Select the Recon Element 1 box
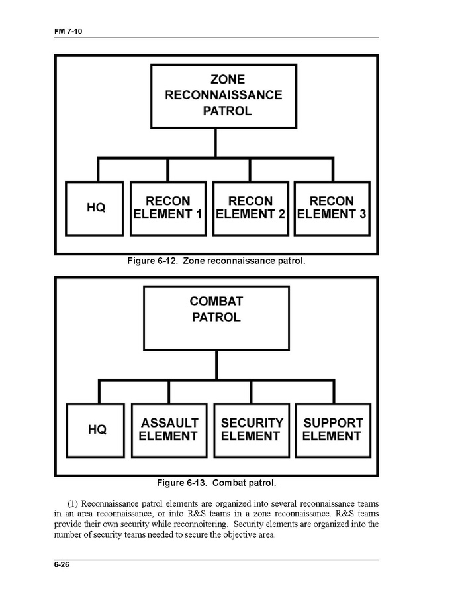click(167, 208)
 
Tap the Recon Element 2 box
click(250, 208)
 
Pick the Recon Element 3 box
click(332, 208)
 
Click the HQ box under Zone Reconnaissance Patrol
click(95, 208)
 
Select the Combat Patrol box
click(216, 318)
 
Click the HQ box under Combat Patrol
click(97, 430)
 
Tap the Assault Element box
click(169, 430)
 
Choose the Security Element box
click(252, 430)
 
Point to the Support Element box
click(332, 430)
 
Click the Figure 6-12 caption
click(216, 261)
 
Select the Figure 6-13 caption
click(216, 483)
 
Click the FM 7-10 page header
click(67, 31)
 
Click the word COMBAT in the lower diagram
click(216, 302)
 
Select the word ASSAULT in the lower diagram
click(169, 422)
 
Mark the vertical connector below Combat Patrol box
click(216, 365)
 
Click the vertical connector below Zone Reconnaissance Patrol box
click(214, 143)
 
